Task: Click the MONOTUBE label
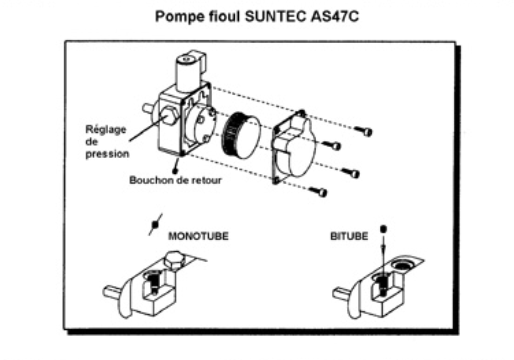tap(198, 236)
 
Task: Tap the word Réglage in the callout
tap(101, 129)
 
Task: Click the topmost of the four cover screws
tap(367, 131)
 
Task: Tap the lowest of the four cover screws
tap(320, 192)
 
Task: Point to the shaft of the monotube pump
tap(110, 290)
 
